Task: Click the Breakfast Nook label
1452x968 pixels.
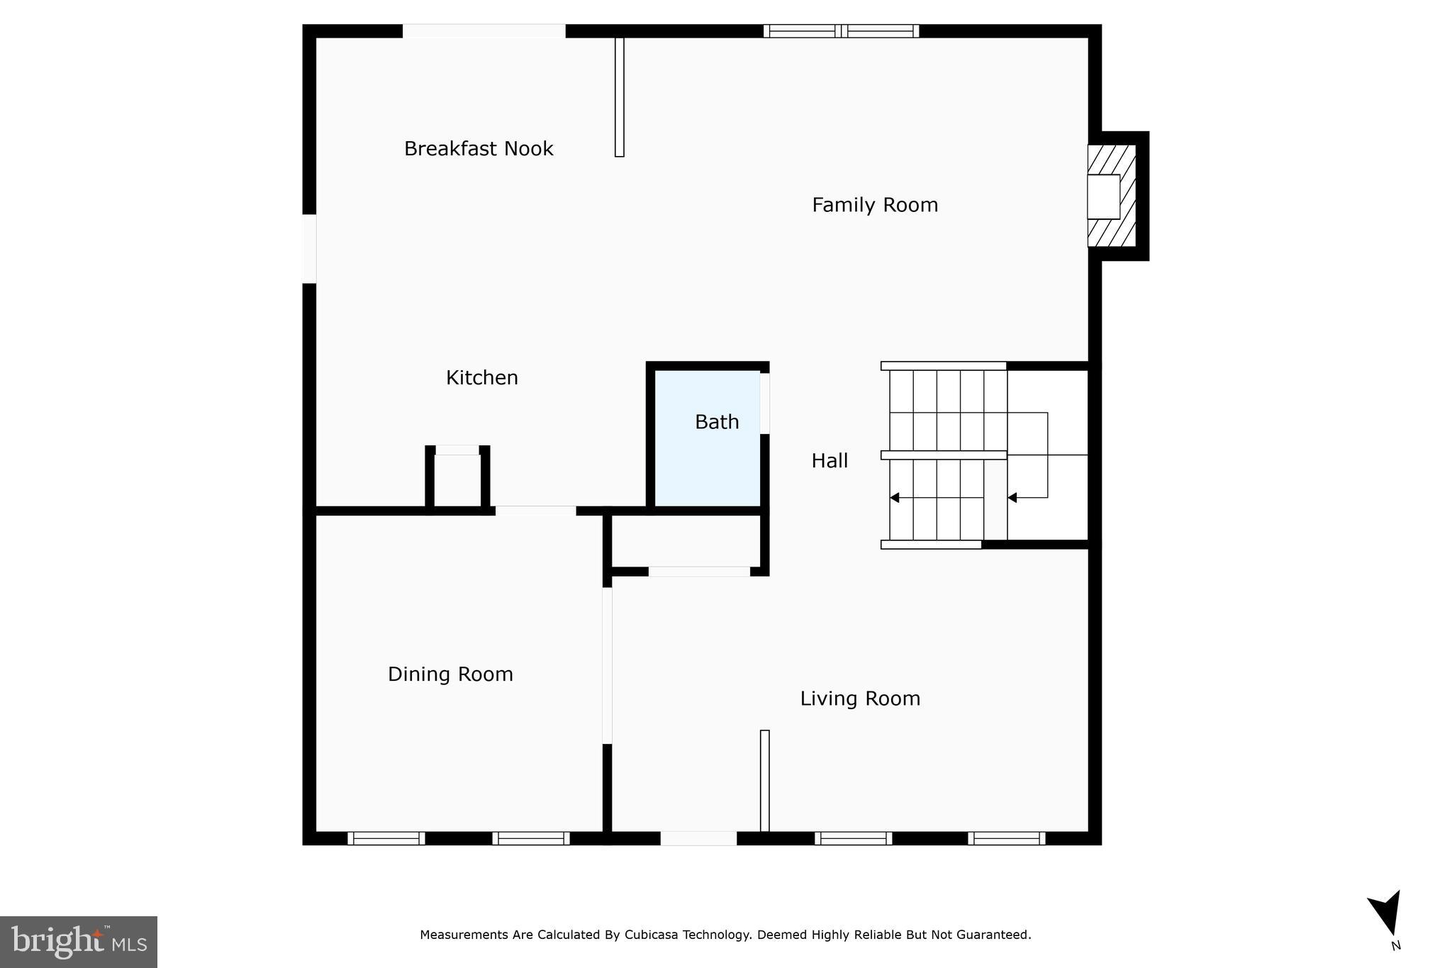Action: pos(479,149)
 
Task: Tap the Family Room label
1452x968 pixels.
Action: pos(874,205)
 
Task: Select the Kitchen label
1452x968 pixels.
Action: pos(481,377)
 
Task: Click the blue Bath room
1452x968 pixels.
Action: pos(707,454)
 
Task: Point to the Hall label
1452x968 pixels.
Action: pos(830,461)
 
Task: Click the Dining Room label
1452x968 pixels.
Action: pos(450,674)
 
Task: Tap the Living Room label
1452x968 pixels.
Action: pos(859,699)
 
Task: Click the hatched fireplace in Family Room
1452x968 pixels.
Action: pos(1111,196)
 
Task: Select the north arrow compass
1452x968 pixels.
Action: pos(1386,915)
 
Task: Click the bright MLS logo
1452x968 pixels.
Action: pos(78,942)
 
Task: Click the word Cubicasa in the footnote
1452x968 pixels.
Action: pos(651,935)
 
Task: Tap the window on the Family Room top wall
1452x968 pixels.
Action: pos(841,31)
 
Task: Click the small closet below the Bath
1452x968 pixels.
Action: pos(686,540)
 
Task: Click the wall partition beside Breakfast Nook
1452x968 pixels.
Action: pos(619,96)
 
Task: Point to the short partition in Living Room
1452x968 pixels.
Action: pos(764,780)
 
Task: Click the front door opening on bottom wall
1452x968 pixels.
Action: pos(698,838)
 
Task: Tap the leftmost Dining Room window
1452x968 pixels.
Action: pos(386,838)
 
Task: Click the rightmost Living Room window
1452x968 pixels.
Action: pos(1007,838)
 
